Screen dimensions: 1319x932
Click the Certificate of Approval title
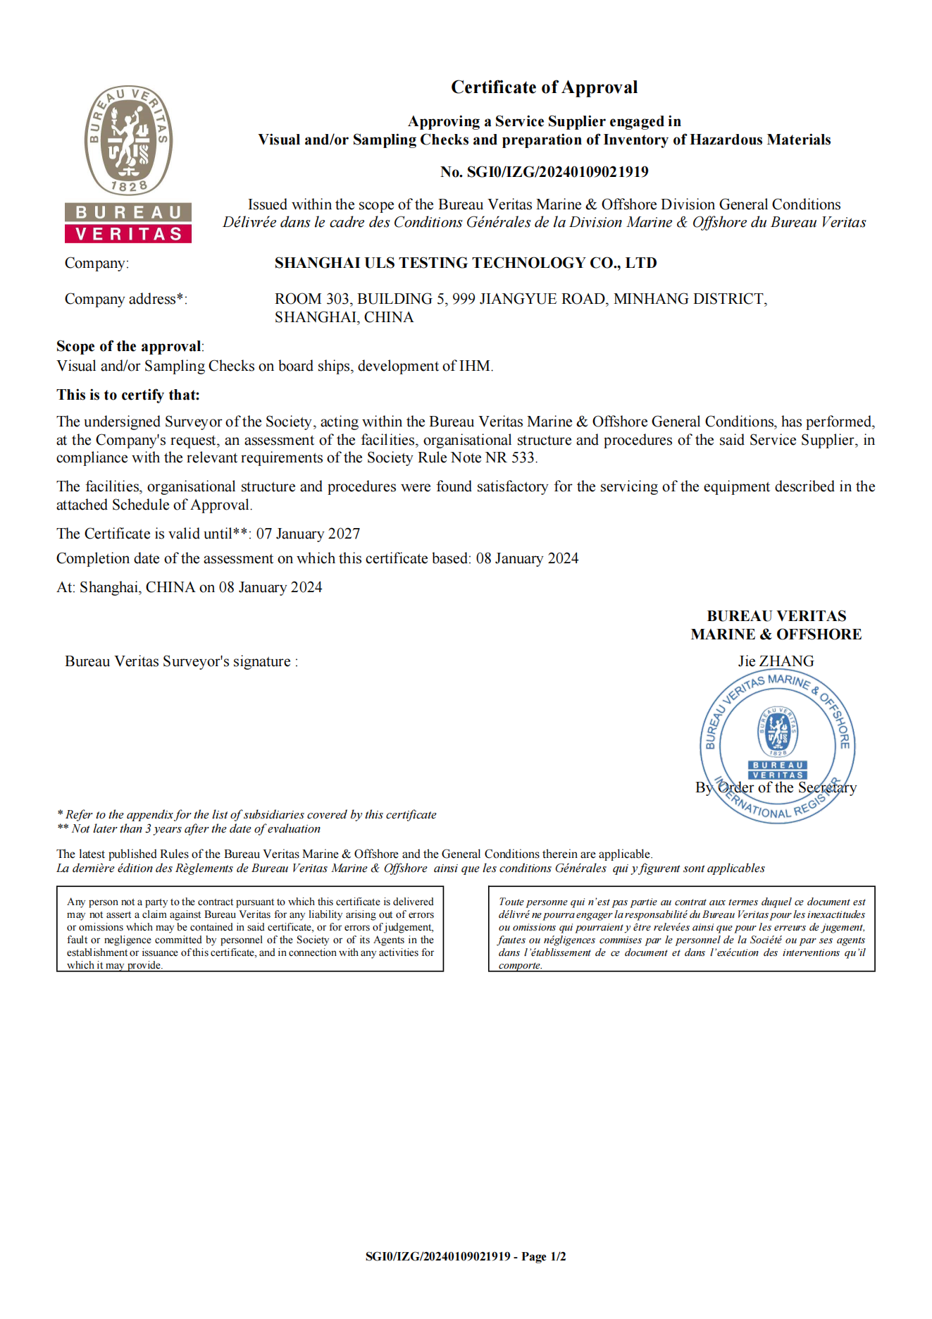point(544,87)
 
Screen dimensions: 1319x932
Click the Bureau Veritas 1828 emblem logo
point(128,140)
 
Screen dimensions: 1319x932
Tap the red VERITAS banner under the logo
point(128,234)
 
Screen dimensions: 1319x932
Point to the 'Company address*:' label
point(126,299)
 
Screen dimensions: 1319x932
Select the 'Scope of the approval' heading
point(129,346)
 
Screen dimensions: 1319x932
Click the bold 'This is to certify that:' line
point(128,395)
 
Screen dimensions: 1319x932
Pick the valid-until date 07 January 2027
point(308,534)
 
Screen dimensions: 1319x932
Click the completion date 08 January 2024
point(527,558)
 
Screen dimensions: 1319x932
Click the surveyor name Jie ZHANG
point(776,661)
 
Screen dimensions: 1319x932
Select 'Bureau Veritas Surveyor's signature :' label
point(181,661)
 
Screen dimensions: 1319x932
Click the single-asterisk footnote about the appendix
point(247,814)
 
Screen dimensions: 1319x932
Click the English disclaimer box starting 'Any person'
point(250,928)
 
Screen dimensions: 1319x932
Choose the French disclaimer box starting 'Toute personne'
point(681,928)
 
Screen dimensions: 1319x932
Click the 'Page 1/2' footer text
point(543,1256)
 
